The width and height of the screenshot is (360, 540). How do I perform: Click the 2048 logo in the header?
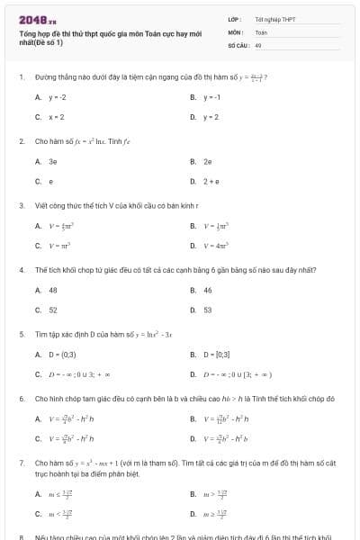tap(31, 19)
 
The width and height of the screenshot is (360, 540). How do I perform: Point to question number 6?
tap(22, 397)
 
